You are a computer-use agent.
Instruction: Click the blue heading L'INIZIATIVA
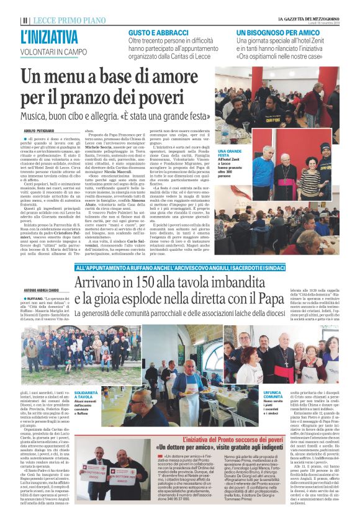(50, 38)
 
